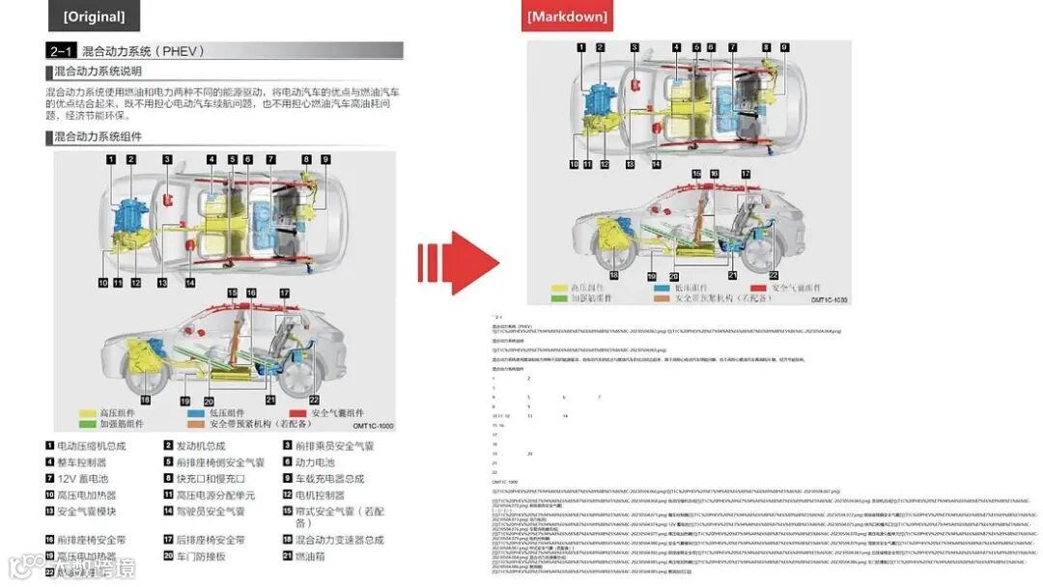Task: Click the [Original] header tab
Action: tap(94, 16)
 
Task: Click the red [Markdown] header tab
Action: tap(567, 16)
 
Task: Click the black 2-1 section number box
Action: tap(62, 50)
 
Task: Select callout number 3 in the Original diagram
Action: tap(167, 159)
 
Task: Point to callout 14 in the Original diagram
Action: tap(189, 283)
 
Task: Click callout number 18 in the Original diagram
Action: tap(145, 400)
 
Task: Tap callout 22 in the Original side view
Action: tap(314, 400)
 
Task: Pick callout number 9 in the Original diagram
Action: tap(325, 159)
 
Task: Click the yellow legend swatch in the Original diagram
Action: tap(87, 412)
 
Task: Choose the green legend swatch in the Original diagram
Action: tap(87, 424)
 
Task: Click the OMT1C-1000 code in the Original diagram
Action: tap(372, 425)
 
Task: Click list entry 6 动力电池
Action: tap(315, 462)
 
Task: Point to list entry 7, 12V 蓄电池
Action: tap(77, 479)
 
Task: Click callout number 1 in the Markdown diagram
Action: tap(581, 46)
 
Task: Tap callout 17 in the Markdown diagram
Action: tap(746, 174)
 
